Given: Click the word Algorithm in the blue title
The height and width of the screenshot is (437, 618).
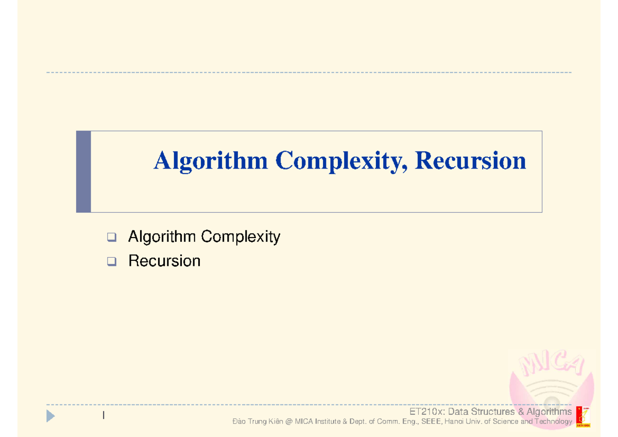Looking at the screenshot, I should tap(211, 161).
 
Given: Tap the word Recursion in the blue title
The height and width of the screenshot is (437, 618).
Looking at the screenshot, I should tap(470, 161).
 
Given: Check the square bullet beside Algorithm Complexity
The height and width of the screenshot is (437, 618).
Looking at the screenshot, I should tap(111, 238).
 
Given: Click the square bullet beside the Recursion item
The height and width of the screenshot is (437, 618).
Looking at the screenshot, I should tap(111, 262).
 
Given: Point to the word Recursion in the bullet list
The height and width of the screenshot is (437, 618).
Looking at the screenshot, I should tap(164, 261).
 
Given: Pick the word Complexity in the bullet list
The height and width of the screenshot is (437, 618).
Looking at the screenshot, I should tap(241, 237).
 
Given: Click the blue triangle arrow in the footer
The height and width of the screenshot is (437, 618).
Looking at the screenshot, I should tap(50, 416).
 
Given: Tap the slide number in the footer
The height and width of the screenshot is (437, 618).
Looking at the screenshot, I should tap(104, 415).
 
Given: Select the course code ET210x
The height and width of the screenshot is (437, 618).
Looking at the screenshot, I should tap(426, 412).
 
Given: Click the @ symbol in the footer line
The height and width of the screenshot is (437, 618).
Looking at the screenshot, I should tap(288, 422).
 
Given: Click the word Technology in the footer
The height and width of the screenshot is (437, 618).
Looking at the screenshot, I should tap(553, 422).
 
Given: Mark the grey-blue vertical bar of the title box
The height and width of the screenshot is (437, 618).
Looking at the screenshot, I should tap(83, 172).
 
